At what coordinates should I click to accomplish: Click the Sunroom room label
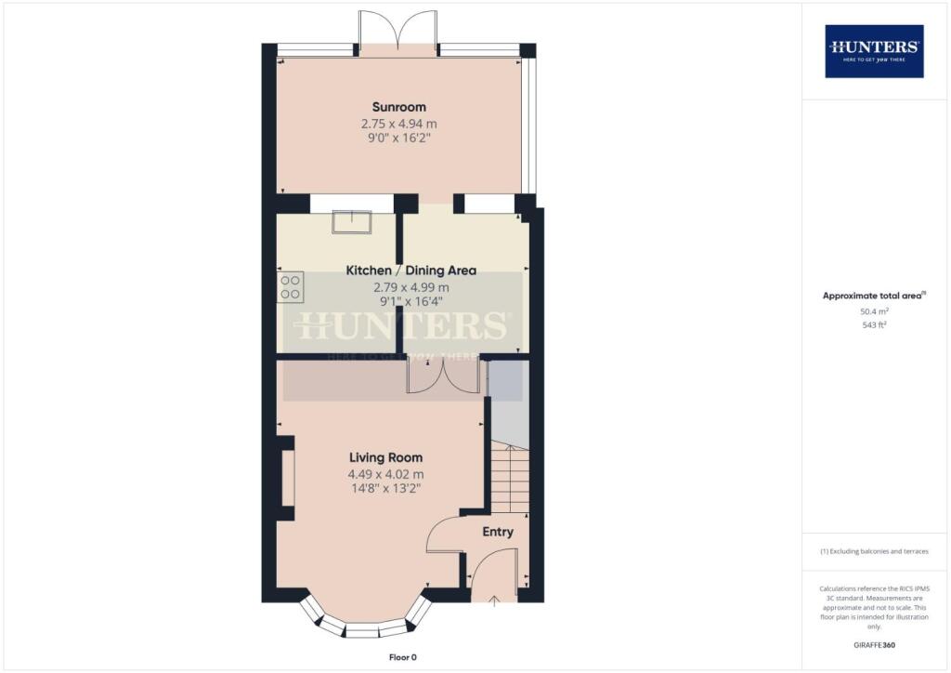[398, 106]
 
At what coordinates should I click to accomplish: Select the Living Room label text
[385, 457]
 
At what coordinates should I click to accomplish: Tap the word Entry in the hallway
[497, 532]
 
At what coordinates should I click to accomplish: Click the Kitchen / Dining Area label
[410, 271]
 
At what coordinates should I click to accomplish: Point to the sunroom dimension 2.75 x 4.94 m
[398, 123]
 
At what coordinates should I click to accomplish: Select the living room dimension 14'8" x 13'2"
[385, 490]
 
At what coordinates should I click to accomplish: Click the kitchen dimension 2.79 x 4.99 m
[410, 287]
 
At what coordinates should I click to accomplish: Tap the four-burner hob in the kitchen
[289, 286]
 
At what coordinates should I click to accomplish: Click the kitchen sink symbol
[353, 221]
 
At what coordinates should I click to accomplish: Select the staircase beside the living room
[508, 478]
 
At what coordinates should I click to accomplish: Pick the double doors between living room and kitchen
[445, 376]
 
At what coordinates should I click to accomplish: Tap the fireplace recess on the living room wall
[287, 478]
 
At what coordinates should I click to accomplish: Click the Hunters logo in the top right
[874, 50]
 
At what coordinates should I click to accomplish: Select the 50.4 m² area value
[874, 313]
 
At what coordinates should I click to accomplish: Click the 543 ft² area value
[874, 325]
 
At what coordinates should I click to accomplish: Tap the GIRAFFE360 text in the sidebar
[874, 644]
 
